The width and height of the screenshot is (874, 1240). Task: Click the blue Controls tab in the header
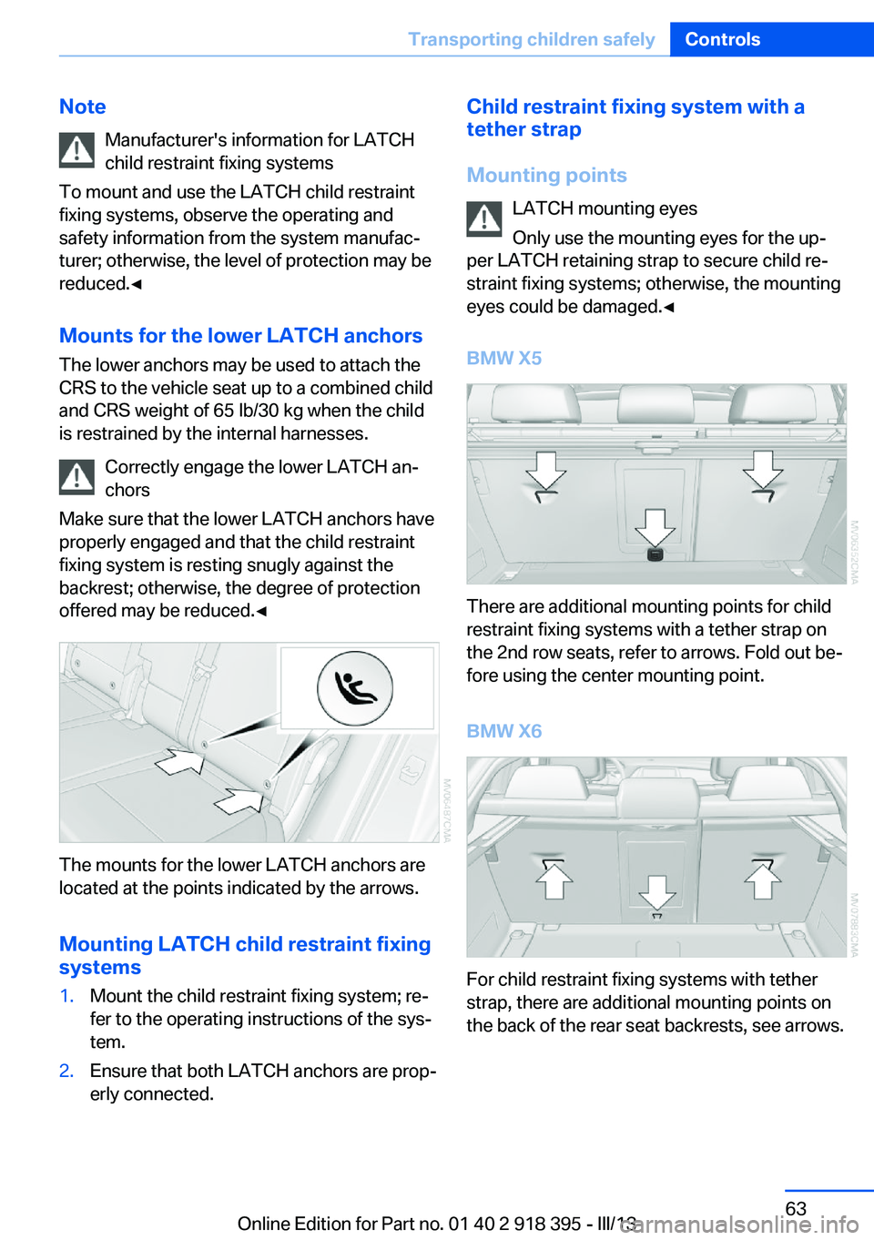pos(723,39)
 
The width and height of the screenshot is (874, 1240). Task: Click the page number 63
pos(796,1208)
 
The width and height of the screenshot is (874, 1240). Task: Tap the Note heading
pos(83,107)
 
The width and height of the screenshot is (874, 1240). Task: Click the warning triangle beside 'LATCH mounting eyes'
pos(484,219)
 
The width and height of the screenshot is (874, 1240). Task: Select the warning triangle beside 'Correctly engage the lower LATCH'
pos(77,477)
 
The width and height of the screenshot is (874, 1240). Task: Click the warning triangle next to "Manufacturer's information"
pos(77,150)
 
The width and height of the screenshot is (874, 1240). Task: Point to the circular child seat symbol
pos(355,688)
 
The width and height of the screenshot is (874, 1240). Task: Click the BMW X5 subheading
pos(504,358)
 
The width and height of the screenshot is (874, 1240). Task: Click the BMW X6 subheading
pos(504,731)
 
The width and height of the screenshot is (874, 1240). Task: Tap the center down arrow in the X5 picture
pos(655,527)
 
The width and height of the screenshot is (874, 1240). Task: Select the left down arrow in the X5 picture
pos(546,471)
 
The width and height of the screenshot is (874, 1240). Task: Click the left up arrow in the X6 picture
pos(554,880)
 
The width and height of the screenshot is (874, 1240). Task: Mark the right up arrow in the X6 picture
pos(763,880)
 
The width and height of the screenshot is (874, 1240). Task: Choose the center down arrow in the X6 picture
pos(656,891)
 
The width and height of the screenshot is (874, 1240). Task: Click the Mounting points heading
pos(546,175)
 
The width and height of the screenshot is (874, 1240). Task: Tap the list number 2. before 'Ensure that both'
pos(66,1071)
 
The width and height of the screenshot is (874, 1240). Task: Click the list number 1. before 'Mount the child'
pos(66,996)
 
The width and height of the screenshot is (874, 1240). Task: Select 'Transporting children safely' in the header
pos(532,39)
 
